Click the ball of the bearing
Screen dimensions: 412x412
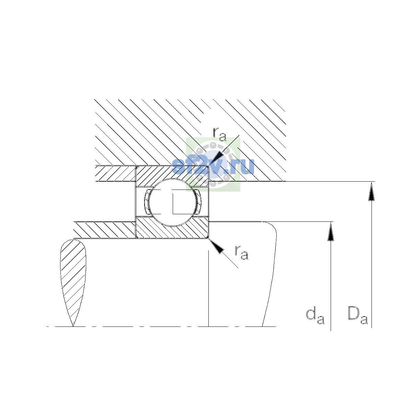coord(172,202)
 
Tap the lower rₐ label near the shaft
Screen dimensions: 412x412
coord(242,252)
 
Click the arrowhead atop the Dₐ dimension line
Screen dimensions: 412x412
coord(371,191)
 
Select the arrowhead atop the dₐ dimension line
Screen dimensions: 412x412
coord(331,231)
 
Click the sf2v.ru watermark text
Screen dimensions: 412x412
coord(213,166)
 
